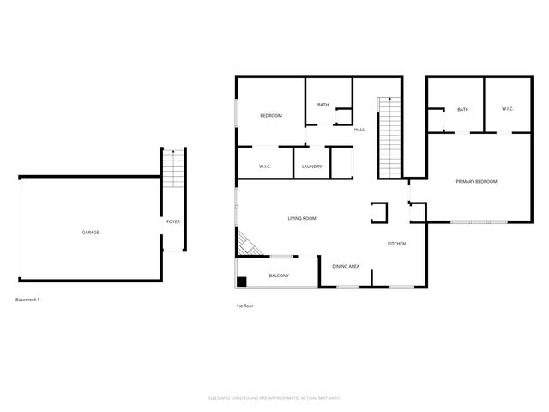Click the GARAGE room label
click(90, 233)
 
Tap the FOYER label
click(172, 223)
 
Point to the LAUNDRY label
click(311, 166)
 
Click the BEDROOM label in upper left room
click(271, 115)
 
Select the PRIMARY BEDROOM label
click(476, 182)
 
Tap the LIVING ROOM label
click(302, 219)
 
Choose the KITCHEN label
click(396, 245)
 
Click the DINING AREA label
click(346, 267)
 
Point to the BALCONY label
click(279, 276)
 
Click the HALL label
click(359, 130)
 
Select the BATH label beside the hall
click(323, 105)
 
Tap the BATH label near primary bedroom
click(462, 109)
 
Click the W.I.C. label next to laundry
click(265, 166)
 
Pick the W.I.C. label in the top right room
click(506, 109)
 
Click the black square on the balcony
click(243, 281)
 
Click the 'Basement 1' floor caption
click(28, 300)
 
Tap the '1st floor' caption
click(244, 306)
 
